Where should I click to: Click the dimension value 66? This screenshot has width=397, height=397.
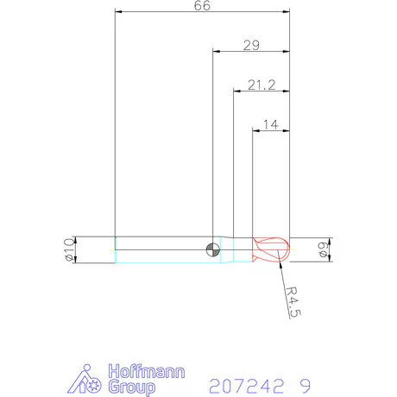click(x=203, y=6)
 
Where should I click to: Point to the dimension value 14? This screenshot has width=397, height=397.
click(x=269, y=124)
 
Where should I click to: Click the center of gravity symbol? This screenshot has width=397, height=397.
click(x=212, y=250)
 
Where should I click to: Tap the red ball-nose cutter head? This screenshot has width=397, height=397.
click(x=271, y=250)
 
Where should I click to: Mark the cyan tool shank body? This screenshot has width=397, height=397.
click(x=164, y=250)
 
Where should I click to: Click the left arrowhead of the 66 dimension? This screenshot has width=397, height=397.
click(x=118, y=12)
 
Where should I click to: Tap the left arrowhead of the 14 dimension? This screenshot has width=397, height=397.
click(x=255, y=130)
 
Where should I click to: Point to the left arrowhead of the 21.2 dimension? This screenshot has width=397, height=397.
click(x=236, y=90)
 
